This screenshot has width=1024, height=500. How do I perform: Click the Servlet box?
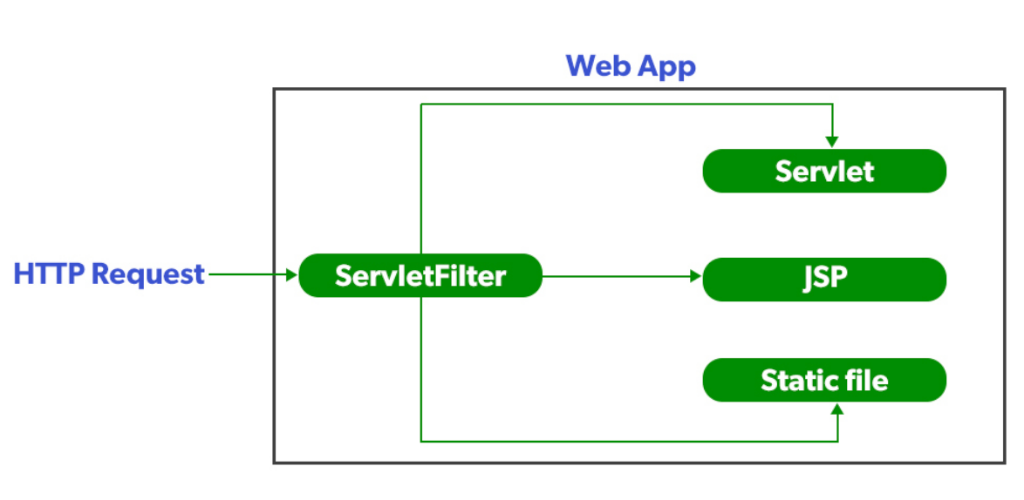(x=824, y=171)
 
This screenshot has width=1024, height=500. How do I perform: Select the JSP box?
(x=824, y=279)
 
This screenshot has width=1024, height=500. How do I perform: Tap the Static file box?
(x=824, y=381)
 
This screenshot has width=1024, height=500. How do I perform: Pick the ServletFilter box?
(x=420, y=276)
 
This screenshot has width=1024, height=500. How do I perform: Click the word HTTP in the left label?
(x=49, y=274)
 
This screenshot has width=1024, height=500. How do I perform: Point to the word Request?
(x=148, y=274)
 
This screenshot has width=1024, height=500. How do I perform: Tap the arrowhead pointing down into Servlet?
(x=833, y=140)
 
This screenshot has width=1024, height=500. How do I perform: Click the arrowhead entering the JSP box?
(x=696, y=277)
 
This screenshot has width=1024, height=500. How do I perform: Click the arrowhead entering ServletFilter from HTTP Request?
(x=291, y=275)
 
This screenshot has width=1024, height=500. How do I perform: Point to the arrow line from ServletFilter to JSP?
(x=619, y=277)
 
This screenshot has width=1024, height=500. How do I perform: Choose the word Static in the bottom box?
(x=793, y=381)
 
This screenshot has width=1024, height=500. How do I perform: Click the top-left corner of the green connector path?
(x=421, y=105)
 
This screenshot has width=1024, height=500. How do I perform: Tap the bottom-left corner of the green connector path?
(x=421, y=441)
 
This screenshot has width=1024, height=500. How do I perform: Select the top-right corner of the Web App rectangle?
(x=1005, y=89)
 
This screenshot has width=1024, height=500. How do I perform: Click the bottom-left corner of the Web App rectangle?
(x=274, y=463)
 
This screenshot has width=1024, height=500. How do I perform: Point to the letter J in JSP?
(x=809, y=279)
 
